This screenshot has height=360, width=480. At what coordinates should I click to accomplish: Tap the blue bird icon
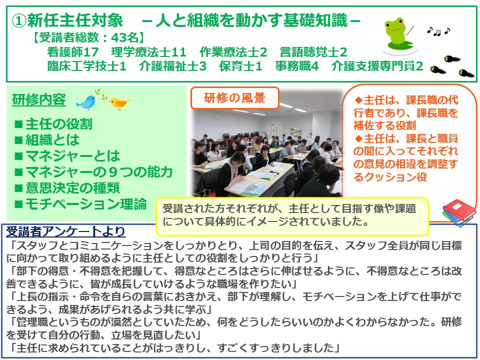point(86,101)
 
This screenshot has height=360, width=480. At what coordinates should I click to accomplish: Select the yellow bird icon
point(119,102)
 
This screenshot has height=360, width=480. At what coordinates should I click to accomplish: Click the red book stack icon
point(459,212)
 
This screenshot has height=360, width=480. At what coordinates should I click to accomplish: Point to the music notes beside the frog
point(438,31)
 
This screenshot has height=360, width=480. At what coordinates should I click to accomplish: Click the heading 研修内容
point(39,100)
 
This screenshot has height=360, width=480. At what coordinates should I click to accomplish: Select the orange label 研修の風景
point(234,98)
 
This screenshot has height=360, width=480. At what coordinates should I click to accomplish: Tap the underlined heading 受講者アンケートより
point(65,231)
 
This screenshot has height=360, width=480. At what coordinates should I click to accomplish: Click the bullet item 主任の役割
point(53,124)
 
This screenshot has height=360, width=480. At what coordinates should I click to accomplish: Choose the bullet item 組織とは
point(47,140)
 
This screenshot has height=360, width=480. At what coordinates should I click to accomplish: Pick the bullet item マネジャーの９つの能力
point(93,171)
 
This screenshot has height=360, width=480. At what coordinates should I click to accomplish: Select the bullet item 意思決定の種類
point(67,187)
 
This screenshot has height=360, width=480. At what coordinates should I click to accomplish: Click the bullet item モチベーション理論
point(80,203)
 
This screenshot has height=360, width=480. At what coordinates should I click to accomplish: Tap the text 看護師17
point(73,52)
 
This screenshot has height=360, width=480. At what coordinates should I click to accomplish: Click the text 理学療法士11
point(149,52)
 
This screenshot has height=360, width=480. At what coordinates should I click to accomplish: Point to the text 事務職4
point(296,66)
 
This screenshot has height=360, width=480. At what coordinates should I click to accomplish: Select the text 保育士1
point(240,66)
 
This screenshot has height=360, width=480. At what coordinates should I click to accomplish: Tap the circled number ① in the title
point(18,21)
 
